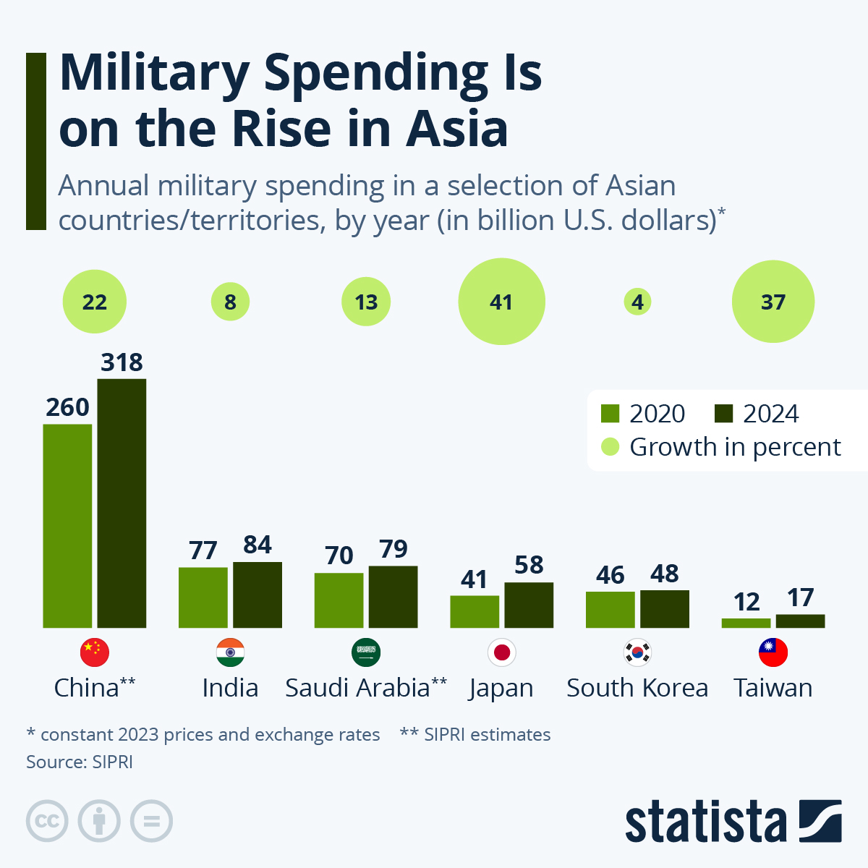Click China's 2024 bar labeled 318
(122, 503)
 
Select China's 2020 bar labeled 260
(67, 526)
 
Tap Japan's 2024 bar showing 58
(529, 605)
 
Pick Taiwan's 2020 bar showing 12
(746, 623)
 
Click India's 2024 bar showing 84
(258, 595)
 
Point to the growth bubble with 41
(501, 302)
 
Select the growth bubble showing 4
(637, 302)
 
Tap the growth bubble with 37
(773, 302)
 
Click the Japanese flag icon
(501, 652)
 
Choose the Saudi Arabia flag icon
(366, 652)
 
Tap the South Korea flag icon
(637, 652)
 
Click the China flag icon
(94, 652)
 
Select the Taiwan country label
(773, 688)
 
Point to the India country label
(230, 688)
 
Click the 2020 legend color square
(610, 414)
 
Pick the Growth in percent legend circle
(610, 447)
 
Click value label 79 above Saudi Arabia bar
(393, 549)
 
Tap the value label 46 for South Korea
(610, 575)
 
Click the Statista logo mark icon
(820, 821)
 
